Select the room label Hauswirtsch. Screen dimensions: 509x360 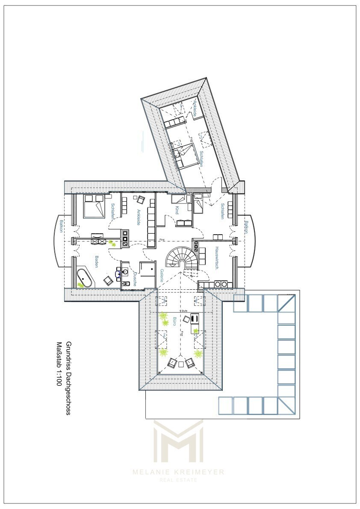coord(217,259)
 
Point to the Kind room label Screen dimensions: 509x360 coord(176,210)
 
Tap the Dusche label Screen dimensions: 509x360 coord(134,278)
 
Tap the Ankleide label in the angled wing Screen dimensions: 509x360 coord(195,109)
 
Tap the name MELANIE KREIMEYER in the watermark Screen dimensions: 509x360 coord(178,472)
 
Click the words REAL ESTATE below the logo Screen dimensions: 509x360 coord(178,480)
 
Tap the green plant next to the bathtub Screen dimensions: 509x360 coord(80,285)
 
